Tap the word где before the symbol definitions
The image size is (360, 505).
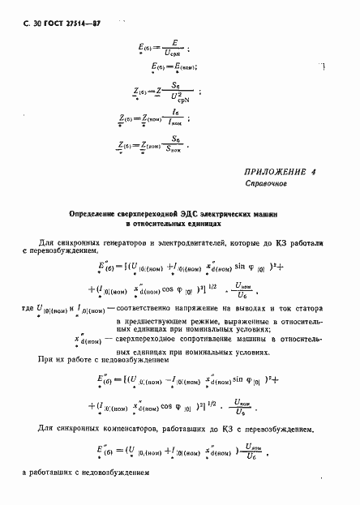20,310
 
